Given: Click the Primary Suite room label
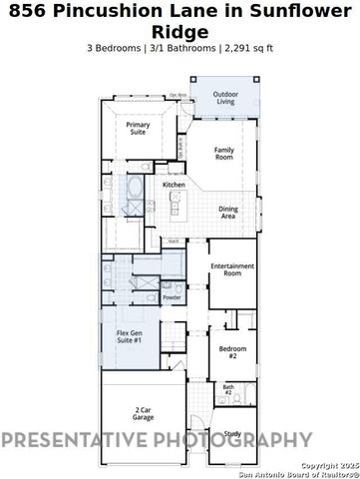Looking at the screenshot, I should (138, 128).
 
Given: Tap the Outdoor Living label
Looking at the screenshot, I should (226, 98).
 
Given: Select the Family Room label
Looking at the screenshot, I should (224, 153).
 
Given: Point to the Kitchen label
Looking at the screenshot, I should (175, 186).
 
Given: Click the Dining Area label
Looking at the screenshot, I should (227, 213).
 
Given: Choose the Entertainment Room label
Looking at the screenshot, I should (232, 269).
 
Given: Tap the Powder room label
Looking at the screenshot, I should (172, 297).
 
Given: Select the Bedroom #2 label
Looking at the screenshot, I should (227, 351).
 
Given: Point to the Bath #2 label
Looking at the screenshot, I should (227, 389).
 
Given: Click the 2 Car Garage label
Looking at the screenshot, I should (143, 414).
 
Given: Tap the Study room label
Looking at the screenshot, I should (232, 433).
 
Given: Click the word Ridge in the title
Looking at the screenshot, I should (180, 31).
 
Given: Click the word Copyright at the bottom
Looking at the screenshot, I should (318, 465).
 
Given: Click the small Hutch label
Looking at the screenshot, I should (174, 241).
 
